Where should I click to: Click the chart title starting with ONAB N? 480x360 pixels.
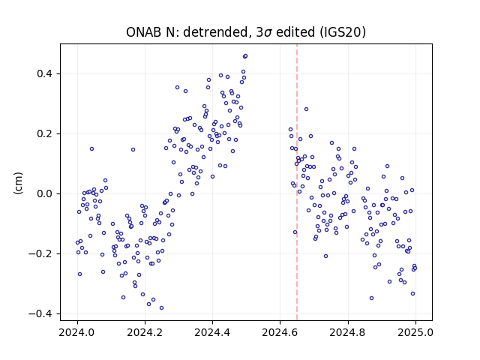tap(246, 32)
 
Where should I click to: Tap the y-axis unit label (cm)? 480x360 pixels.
tap(18, 183)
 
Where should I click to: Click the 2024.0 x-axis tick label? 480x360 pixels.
tap(77, 332)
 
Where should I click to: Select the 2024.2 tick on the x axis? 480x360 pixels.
tap(145, 332)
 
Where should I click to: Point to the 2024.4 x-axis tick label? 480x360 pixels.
tap(212, 332)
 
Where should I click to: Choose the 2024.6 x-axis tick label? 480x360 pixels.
tap(280, 332)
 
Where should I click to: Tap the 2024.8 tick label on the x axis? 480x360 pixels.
tap(348, 332)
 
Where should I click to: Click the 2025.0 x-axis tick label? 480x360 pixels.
tap(415, 332)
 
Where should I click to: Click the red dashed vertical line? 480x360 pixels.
tap(297, 182)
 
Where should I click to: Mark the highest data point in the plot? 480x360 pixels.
tap(245, 56)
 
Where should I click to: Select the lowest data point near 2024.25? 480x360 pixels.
tap(162, 307)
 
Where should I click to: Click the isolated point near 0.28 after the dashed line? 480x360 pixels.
tap(306, 109)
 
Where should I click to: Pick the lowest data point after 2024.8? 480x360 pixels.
tap(372, 298)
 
